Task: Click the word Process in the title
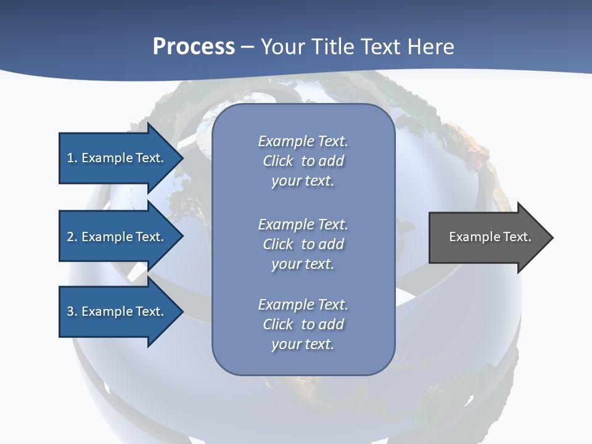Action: pos(194,47)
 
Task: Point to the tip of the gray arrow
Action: pos(551,237)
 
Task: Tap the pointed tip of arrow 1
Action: pos(181,158)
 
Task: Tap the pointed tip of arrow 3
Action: pos(181,311)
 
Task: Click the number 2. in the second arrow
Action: pos(72,237)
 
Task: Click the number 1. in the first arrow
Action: pos(72,158)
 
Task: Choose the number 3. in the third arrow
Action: pos(72,311)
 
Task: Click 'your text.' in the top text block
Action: pos(303,181)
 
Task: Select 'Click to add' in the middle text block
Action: pos(303,244)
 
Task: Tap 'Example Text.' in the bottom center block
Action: pos(303,305)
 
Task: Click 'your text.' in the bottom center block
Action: pos(303,344)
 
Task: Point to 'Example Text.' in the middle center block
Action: pos(303,224)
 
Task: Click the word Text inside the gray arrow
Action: pos(517,237)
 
